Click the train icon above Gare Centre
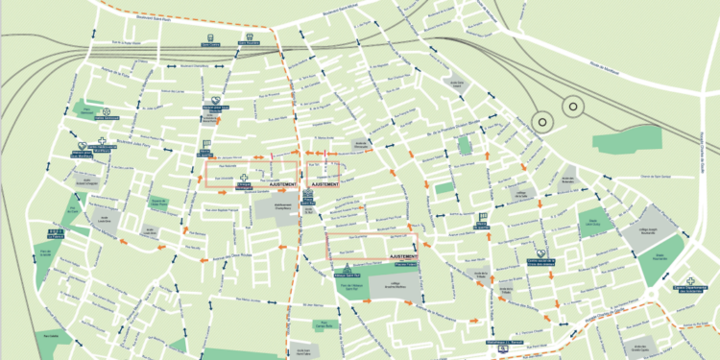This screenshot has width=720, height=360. (208, 39)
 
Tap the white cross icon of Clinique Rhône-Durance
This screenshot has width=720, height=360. (244, 179)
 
